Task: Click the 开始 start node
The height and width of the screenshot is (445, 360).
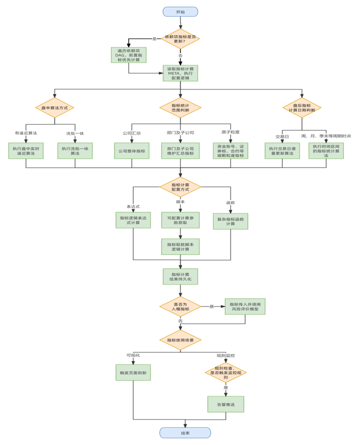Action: (180, 11)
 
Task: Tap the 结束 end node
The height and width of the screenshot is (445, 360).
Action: (185, 433)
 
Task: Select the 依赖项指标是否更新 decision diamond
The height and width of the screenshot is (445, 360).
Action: (180, 38)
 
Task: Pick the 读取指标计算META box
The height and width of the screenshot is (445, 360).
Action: (180, 73)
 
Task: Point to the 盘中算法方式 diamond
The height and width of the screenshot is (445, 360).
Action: (54, 108)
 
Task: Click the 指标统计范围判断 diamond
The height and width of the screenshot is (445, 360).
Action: (180, 108)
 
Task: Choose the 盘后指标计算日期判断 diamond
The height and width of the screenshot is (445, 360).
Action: (302, 108)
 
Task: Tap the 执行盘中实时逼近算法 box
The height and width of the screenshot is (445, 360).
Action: (26, 151)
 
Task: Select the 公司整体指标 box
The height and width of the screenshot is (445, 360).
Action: (132, 151)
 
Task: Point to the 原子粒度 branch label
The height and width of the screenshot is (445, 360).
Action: (230, 132)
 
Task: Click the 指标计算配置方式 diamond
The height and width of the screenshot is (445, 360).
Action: (180, 187)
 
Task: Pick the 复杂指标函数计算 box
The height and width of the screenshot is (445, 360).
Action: (230, 221)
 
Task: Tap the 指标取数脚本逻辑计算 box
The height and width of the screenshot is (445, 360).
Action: (180, 247)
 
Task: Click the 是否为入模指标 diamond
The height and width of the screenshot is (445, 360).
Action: (180, 307)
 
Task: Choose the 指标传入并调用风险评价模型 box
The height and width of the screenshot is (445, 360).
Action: (245, 306)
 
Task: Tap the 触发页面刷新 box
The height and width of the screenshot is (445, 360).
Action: (133, 373)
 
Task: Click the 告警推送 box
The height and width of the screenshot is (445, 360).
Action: (225, 404)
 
